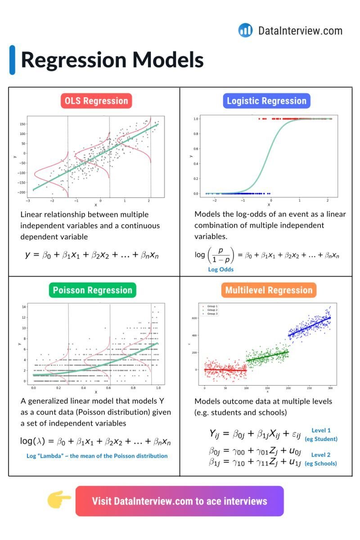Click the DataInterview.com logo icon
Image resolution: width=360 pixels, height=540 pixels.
[x=245, y=30]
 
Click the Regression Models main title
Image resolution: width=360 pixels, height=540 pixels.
[x=112, y=60]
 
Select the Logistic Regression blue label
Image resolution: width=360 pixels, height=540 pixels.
[x=266, y=101]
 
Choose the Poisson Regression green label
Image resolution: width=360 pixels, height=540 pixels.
[x=93, y=290]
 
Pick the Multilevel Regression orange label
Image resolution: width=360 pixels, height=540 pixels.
[x=269, y=290]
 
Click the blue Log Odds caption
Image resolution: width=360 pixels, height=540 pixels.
[x=220, y=270]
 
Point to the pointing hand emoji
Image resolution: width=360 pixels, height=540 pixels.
[x=59, y=500]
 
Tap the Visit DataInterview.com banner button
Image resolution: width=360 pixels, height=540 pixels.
[x=180, y=501]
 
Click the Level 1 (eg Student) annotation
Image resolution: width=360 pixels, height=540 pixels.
[x=321, y=434]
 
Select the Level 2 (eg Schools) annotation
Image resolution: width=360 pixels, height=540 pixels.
[x=321, y=459]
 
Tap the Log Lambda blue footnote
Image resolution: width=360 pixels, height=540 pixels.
[x=97, y=456]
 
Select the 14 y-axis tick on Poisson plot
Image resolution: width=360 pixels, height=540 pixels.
[x=24, y=307]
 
